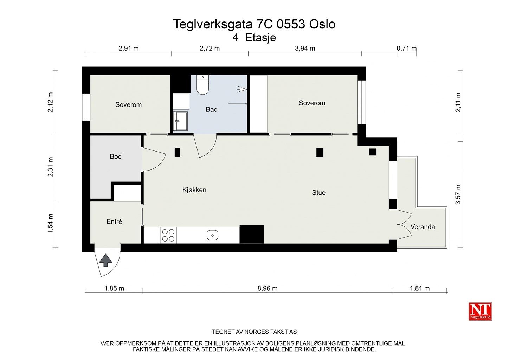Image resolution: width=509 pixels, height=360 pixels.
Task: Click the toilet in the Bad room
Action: [x=202, y=85]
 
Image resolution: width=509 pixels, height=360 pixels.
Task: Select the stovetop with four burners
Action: [x=168, y=235]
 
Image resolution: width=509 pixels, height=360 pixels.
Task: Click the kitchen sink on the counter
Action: [x=212, y=235]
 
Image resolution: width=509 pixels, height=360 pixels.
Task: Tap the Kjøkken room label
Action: [x=194, y=190]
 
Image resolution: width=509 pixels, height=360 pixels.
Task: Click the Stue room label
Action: [x=318, y=193]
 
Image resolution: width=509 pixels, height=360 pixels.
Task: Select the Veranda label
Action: [x=423, y=227]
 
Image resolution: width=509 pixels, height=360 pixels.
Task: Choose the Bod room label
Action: [x=116, y=156]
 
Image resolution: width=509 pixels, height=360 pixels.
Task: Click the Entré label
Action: [x=114, y=222]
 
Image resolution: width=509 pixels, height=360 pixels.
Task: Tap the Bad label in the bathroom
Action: [x=212, y=110]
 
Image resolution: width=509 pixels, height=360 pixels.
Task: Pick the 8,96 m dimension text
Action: [x=268, y=289]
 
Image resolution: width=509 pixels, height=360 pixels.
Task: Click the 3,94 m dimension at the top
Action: [x=305, y=49]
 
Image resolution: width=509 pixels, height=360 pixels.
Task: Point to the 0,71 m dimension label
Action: [x=406, y=49]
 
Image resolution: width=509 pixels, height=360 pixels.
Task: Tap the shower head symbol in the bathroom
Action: [x=241, y=89]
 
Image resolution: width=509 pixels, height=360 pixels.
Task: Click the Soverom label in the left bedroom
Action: [x=128, y=105]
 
